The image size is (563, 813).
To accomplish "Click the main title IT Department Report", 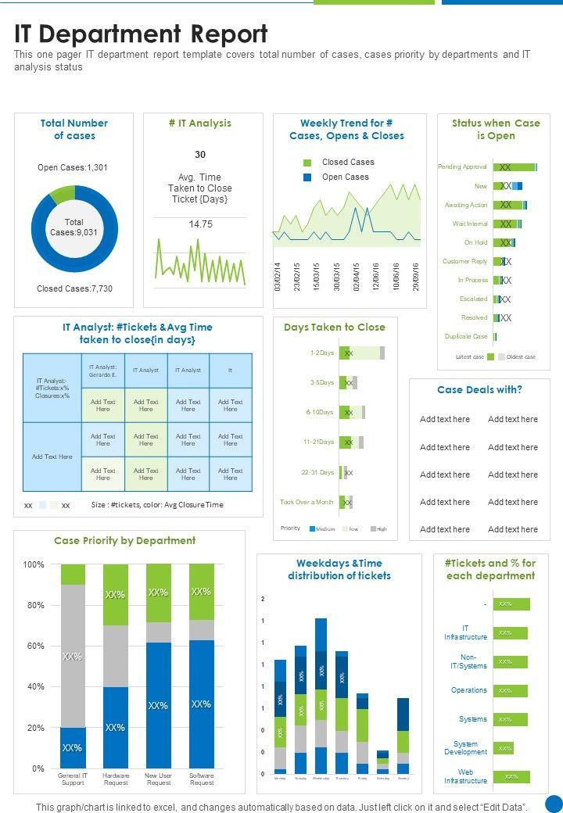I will click(141, 34).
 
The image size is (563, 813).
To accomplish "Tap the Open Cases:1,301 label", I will click(73, 167).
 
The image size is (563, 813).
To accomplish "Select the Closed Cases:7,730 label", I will click(74, 288).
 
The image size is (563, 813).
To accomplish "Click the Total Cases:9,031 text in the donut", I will click(74, 227).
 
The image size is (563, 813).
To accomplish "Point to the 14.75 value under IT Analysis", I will click(201, 224).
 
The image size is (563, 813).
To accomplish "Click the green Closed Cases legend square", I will click(307, 163).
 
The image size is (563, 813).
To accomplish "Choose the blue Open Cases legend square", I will click(307, 177).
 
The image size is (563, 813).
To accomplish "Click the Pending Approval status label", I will click(462, 167).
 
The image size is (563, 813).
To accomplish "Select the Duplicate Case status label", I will click(466, 336).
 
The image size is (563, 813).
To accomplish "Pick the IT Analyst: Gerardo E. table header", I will click(102, 371).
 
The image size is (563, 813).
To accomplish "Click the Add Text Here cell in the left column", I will click(52, 457).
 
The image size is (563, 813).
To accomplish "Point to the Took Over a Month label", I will click(307, 502).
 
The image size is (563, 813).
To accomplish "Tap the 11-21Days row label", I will click(318, 442).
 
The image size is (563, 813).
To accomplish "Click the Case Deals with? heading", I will click(479, 389).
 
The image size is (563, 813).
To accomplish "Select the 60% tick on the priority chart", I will click(34, 646).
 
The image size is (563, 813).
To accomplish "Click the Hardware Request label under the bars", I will click(116, 779).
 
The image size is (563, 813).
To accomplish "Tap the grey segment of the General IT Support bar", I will click(73, 657).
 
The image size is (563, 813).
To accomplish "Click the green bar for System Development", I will click(504, 748).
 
